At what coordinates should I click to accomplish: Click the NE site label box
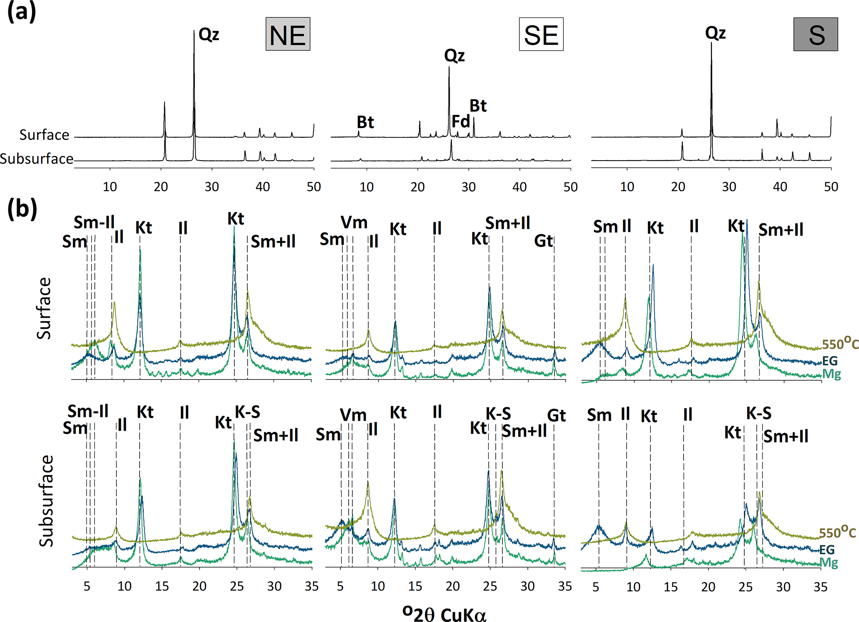(288, 34)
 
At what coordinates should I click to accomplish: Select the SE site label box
(541, 35)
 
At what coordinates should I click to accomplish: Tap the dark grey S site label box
(816, 35)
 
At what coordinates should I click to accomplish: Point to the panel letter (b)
(22, 209)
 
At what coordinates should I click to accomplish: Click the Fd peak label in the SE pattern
(460, 121)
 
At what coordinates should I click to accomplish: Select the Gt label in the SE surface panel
(544, 241)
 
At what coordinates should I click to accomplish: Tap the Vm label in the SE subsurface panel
(353, 415)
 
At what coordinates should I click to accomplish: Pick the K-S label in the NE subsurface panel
(248, 412)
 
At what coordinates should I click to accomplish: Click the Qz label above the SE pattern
(454, 55)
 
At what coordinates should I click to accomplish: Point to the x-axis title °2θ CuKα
(444, 613)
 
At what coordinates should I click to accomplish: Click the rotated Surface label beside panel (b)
(44, 308)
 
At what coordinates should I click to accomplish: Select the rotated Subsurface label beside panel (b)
(46, 501)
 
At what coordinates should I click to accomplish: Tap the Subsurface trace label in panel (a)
(37, 159)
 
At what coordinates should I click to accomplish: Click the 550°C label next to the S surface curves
(840, 344)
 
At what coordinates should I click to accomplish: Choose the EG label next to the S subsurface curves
(827, 550)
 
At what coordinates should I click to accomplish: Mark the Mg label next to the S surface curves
(832, 374)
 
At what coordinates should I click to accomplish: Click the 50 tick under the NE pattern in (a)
(314, 187)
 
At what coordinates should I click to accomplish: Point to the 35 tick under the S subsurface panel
(820, 587)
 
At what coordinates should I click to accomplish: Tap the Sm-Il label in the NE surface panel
(94, 223)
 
